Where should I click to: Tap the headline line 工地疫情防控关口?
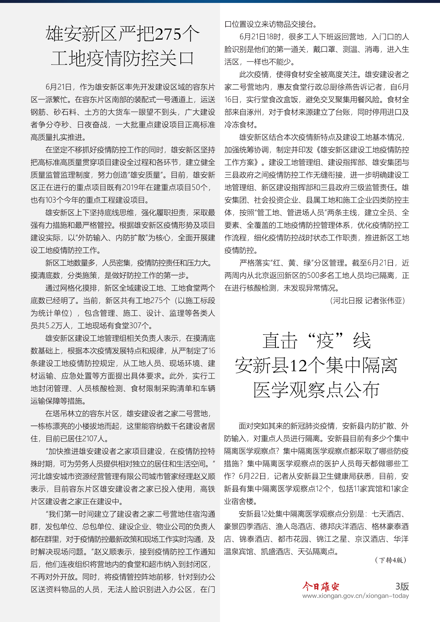[x=122, y=59]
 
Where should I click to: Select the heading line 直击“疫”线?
[x=316, y=341]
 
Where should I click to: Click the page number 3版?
[x=402, y=586]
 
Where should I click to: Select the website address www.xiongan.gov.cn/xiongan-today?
[x=355, y=596]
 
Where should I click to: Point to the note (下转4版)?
[x=391, y=560]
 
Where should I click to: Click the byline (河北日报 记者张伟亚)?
[x=368, y=300]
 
